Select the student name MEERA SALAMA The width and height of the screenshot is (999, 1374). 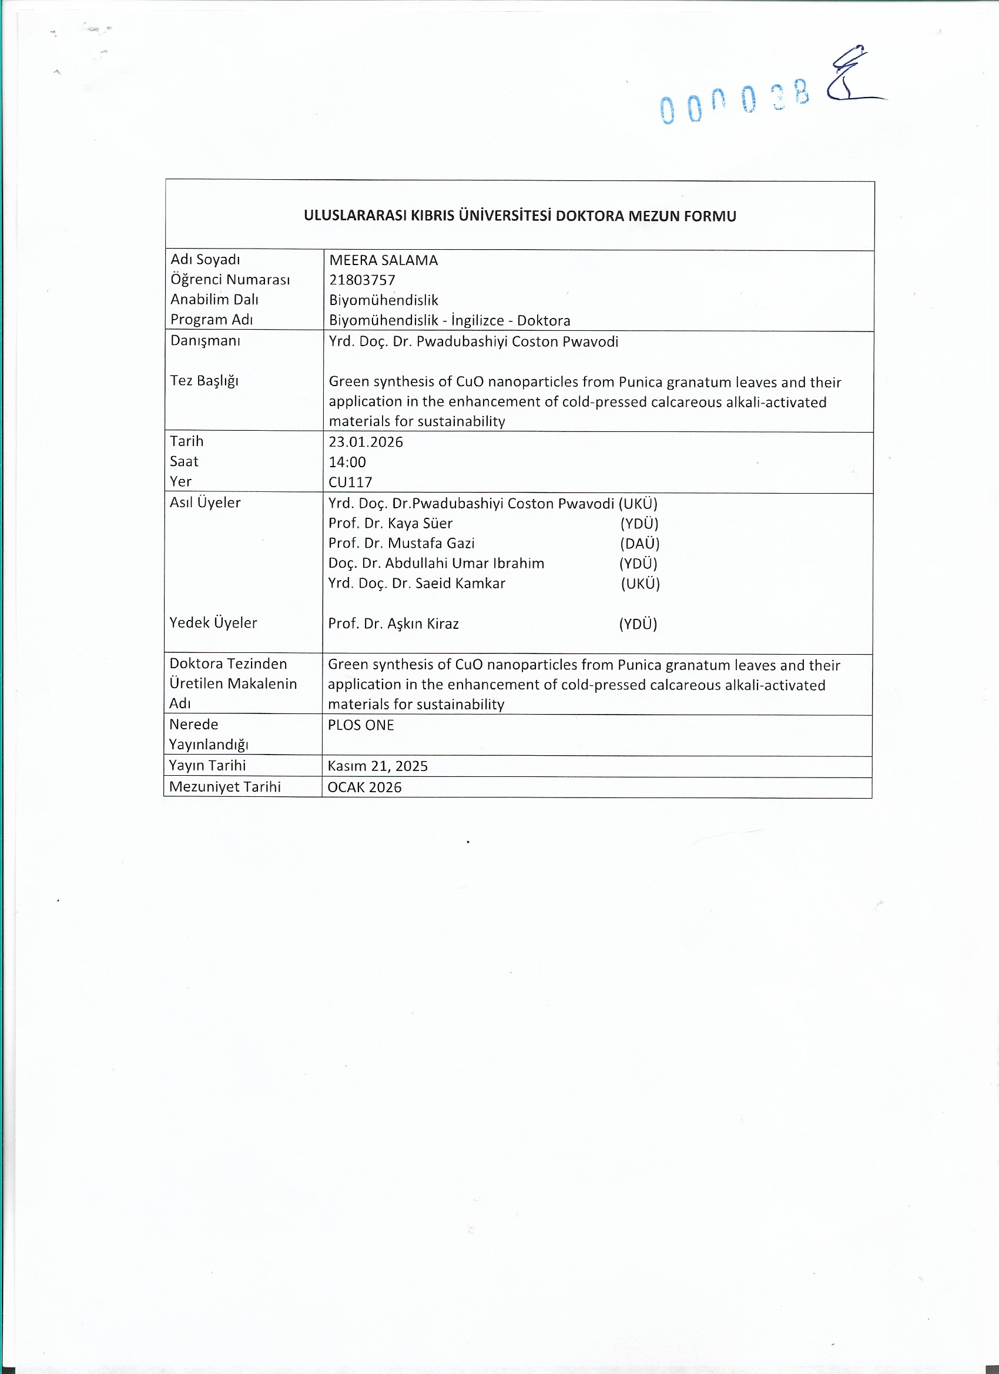[x=383, y=260]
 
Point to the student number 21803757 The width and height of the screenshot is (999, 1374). [x=361, y=280]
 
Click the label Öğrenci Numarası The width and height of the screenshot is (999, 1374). [x=230, y=279]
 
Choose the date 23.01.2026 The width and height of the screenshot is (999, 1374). [x=366, y=442]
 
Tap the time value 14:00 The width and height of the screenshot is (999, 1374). [x=347, y=463]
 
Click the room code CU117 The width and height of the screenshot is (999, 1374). [x=350, y=482]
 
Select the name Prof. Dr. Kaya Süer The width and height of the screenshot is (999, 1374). [x=390, y=523]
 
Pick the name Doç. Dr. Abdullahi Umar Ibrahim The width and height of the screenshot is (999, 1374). [x=436, y=564]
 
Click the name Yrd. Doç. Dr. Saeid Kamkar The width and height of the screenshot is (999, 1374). [x=417, y=584]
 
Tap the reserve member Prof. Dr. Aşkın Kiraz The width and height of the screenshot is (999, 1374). [x=393, y=624]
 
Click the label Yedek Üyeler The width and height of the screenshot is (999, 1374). [x=213, y=622]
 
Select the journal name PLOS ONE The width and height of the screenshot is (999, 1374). [x=360, y=725]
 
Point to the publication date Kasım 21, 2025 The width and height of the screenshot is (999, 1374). [x=377, y=766]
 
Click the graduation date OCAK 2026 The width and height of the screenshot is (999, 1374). [x=364, y=787]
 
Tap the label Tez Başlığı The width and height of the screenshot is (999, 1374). [x=204, y=380]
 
